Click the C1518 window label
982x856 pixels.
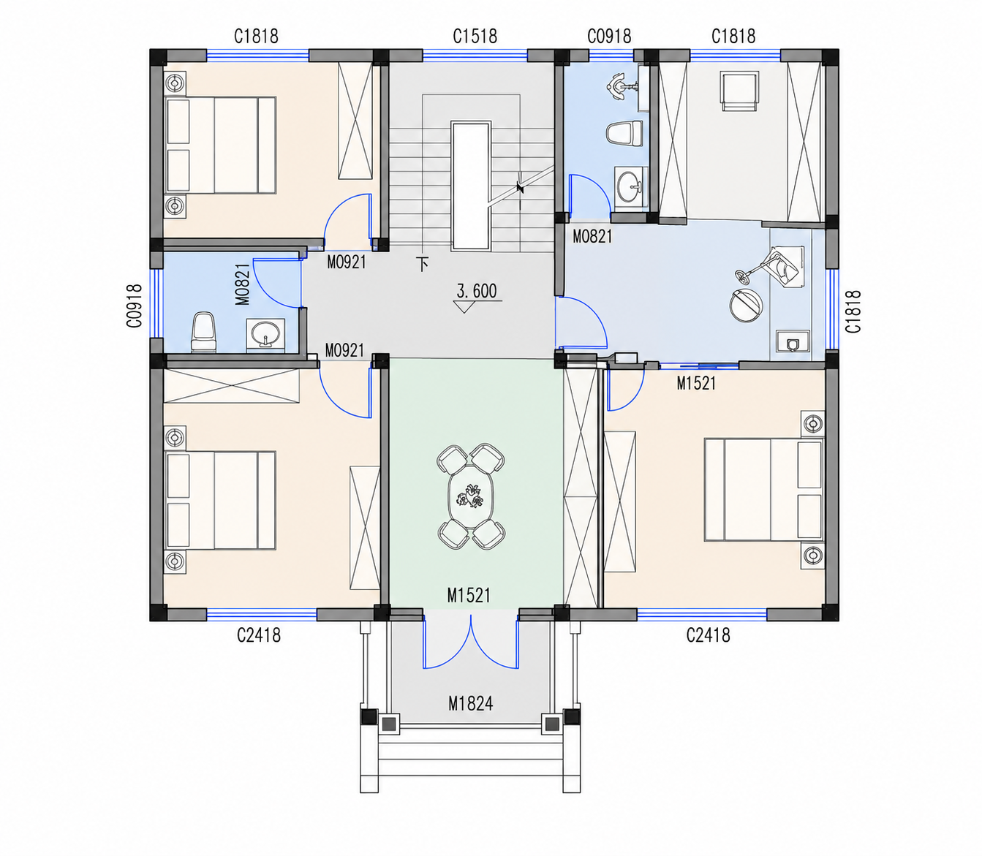475,36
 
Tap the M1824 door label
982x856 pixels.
470,703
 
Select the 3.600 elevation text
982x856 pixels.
477,291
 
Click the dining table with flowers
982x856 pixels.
471,496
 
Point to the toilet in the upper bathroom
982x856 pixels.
624,133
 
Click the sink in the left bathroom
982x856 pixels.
265,333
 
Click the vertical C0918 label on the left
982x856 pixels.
135,306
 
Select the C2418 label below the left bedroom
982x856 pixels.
259,635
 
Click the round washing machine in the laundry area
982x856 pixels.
746,304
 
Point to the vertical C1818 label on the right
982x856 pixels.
853,311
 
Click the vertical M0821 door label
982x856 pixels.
243,284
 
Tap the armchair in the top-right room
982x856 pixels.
739,91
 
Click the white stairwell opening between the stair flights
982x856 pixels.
471,186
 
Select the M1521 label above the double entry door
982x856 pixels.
469,596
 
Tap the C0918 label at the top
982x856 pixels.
609,36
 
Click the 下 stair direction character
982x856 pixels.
423,265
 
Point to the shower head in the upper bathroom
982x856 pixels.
619,87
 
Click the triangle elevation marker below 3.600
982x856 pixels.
464,306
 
